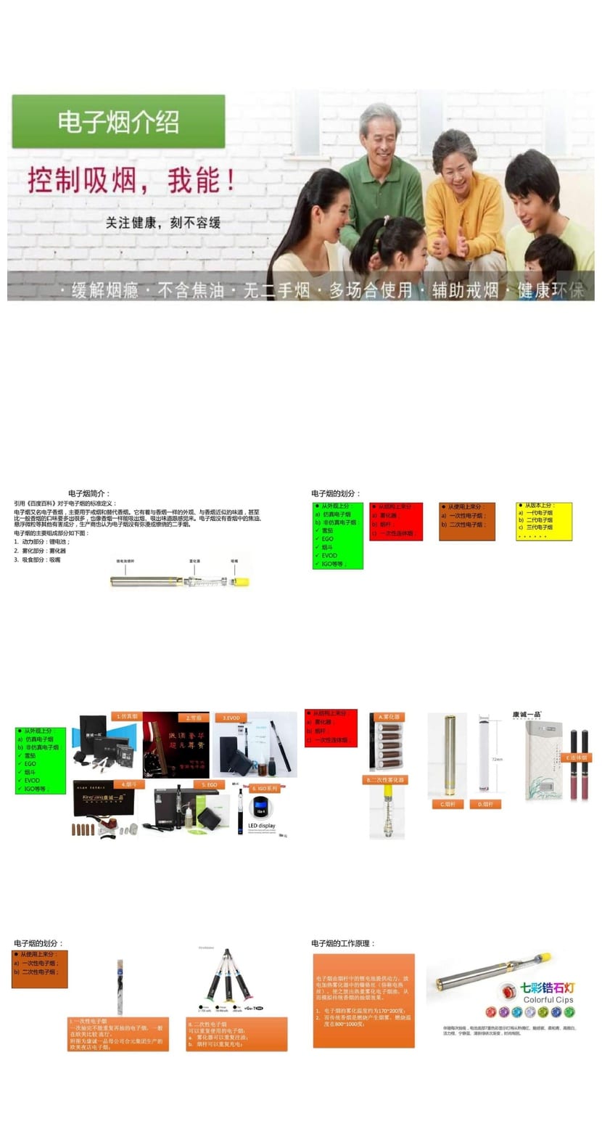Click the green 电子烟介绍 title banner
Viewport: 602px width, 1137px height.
coord(118,121)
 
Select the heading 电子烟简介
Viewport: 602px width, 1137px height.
coord(89,493)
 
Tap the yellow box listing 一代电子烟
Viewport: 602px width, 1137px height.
coord(544,521)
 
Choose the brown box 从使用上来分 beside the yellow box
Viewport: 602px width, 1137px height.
coord(467,521)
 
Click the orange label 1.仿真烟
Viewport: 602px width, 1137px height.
coord(126,716)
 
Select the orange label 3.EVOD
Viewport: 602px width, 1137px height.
coord(231,718)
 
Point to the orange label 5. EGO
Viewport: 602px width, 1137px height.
coord(210,784)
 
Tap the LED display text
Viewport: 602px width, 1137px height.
coord(262,825)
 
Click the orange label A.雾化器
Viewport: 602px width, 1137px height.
coord(389,716)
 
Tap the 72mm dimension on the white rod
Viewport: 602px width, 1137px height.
coord(497,759)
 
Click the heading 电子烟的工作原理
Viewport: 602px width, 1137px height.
coord(344,943)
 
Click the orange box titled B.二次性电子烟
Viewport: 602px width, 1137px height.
coord(237,1034)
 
